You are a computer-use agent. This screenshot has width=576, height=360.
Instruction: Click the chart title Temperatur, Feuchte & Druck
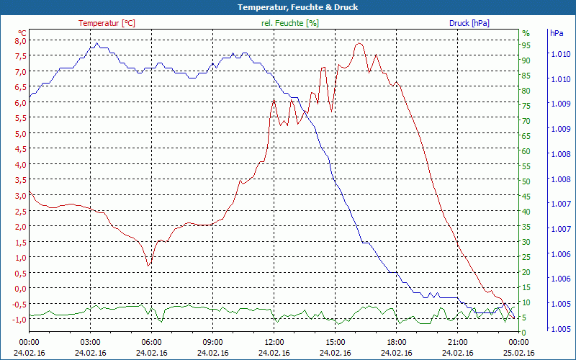pos(288,7)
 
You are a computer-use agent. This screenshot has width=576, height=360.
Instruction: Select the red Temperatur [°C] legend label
pos(107,23)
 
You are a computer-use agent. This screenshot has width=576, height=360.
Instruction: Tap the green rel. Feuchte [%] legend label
pos(290,23)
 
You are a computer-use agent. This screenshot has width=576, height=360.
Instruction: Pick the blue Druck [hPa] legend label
pos(469,23)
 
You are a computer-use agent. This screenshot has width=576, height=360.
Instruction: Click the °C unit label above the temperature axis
pos(22,32)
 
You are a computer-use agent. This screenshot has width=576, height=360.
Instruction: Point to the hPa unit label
pos(557,32)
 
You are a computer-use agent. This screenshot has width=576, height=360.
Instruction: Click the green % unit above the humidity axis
pos(526,32)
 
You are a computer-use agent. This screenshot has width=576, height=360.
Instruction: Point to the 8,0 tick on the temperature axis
pos(21,40)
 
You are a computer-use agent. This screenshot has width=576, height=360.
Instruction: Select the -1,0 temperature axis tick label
pos(19,319)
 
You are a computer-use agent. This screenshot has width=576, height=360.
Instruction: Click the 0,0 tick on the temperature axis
pos(21,288)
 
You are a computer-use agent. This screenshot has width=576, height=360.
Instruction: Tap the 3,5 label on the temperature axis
pos(21,180)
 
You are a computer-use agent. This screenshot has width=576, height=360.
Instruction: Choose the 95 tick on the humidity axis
pos(526,45)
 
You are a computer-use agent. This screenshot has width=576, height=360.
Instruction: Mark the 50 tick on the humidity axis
pos(526,181)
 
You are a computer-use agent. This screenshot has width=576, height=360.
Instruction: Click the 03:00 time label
pos(90,342)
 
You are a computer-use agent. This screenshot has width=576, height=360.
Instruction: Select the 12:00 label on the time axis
pos(274,342)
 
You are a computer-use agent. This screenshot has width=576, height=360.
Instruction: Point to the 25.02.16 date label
pos(518,353)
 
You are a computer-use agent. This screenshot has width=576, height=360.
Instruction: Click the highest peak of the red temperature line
pos(358,43)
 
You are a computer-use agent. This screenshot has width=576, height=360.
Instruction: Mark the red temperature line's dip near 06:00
pos(148,266)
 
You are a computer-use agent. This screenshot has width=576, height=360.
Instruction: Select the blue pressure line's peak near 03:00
pos(96,43)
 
